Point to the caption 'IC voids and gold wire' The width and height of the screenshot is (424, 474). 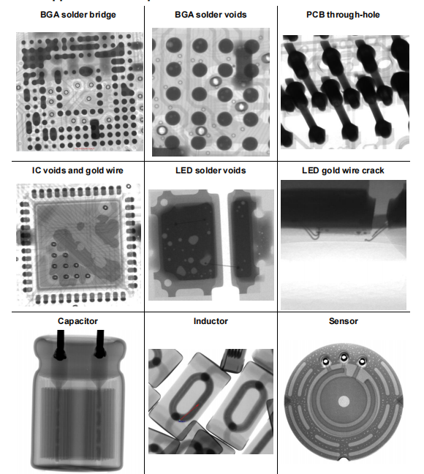(x=77, y=170)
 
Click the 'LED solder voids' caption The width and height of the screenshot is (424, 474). (x=211, y=170)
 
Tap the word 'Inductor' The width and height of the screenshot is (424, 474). (x=211, y=320)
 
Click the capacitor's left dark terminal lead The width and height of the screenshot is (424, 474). (x=58, y=348)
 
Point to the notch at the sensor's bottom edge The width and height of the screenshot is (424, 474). (x=344, y=459)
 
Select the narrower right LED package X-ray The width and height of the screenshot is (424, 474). (x=249, y=244)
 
